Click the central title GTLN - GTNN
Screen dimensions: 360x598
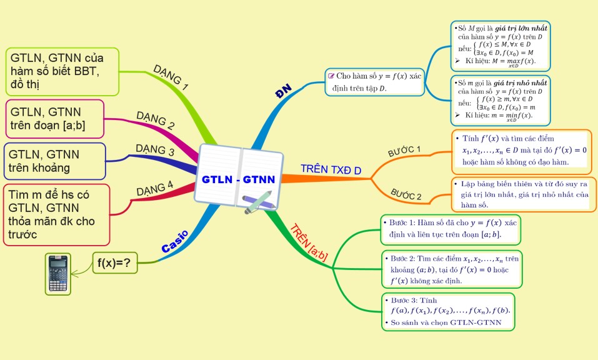click(x=238, y=180)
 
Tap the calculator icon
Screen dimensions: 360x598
click(x=58, y=274)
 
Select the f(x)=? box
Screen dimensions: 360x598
click(x=115, y=263)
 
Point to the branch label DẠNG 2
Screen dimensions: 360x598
click(x=155, y=119)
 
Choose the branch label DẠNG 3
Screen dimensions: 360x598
click(x=155, y=151)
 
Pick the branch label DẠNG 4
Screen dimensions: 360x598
click(x=154, y=187)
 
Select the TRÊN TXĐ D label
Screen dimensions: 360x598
click(x=331, y=170)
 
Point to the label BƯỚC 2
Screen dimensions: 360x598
click(x=406, y=194)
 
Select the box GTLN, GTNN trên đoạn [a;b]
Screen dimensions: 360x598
click(x=55, y=119)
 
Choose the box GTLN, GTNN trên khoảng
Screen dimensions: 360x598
click(x=55, y=161)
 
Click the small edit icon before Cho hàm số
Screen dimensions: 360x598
click(x=331, y=76)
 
